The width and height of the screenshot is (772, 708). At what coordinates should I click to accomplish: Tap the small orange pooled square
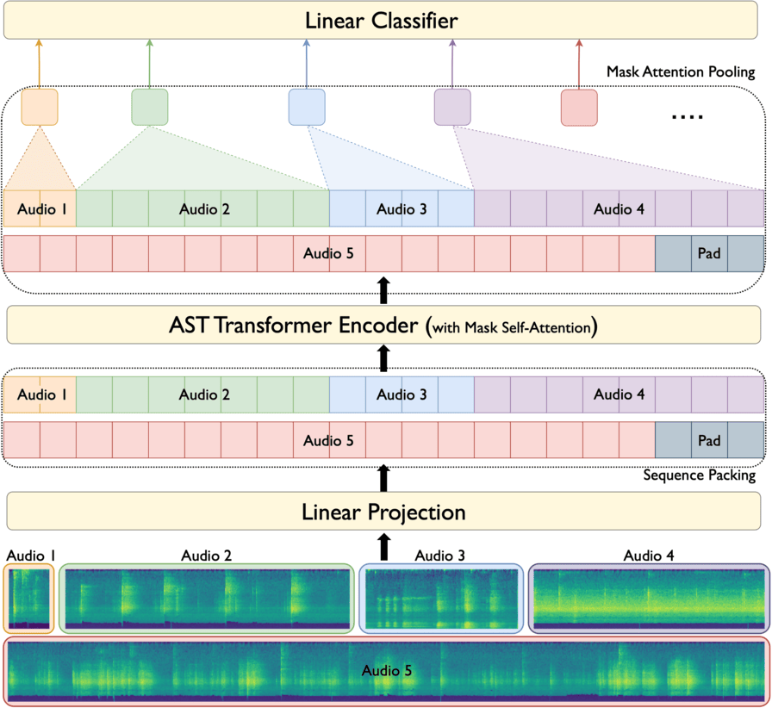39,107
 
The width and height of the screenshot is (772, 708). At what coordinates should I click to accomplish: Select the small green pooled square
150,107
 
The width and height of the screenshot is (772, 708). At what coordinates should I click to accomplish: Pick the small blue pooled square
307,107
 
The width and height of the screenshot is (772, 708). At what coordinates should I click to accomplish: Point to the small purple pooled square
452,107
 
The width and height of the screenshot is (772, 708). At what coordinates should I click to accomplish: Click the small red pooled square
579,107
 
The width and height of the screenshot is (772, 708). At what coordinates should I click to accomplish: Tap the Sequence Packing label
700,475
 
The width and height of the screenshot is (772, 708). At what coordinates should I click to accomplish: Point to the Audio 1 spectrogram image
29,599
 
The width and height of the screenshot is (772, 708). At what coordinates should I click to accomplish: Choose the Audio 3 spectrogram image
441,599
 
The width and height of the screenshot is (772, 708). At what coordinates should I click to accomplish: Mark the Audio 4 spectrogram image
649,599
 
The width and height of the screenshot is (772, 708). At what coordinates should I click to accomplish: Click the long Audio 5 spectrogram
385,670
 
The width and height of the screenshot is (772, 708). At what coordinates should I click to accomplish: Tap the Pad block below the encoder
709,440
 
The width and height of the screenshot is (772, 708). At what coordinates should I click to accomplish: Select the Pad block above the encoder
709,254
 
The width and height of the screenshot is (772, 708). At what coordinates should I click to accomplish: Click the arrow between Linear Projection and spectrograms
384,546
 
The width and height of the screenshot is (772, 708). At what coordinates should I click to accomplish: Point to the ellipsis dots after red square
687,116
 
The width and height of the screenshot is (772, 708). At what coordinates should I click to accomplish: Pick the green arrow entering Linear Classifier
150,62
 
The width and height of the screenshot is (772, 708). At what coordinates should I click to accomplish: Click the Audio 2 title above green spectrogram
206,556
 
